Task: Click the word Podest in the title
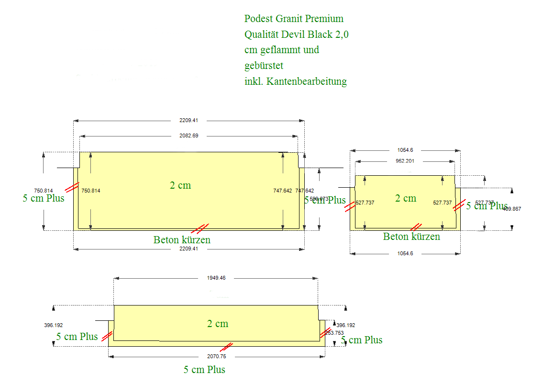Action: coord(258,19)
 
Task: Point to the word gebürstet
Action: coord(264,66)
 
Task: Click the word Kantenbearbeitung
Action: coord(307,81)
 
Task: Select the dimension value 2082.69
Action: coord(189,136)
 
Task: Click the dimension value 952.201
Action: coord(405,161)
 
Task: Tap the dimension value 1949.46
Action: coord(216,278)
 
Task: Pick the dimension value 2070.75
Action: coord(217,357)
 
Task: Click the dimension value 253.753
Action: coord(334,333)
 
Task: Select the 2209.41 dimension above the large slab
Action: coord(189,120)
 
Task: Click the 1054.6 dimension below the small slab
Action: coord(405,253)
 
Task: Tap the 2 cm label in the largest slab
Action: coord(180,185)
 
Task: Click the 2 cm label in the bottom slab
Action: coord(218,324)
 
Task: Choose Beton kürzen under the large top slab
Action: coord(182,239)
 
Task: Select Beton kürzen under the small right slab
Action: coord(411,237)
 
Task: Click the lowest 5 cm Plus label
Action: coord(204,370)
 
